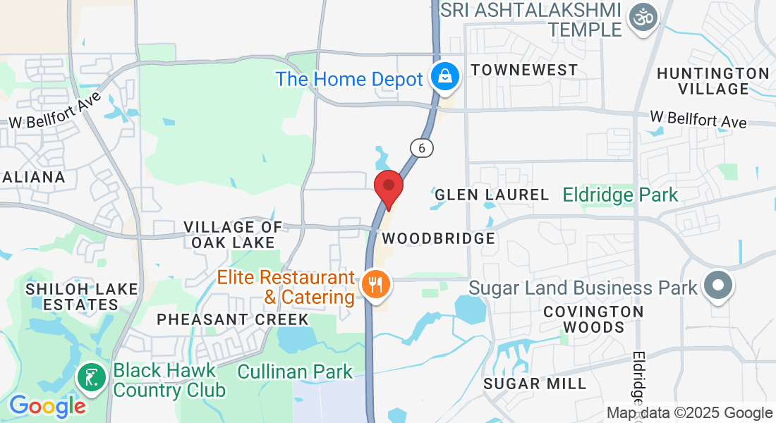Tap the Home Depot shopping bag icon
[445, 77]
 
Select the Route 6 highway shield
[421, 148]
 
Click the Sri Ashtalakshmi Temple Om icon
[643, 16]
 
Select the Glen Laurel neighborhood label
[491, 195]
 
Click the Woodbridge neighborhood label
[439, 238]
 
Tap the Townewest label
[524, 70]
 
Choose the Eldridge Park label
[620, 195]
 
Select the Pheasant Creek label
[233, 319]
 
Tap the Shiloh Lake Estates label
[72, 297]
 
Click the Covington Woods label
[593, 319]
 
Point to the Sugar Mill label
[535, 384]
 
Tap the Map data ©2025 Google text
[689, 413]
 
